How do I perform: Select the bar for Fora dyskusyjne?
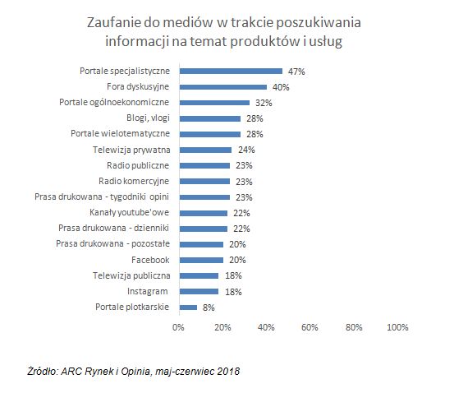coord(222,87)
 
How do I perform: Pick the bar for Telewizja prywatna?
coord(205,150)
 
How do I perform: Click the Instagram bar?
coord(199,292)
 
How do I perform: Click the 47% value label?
coord(296,72)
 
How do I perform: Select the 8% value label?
coord(208,307)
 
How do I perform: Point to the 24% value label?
coord(245,150)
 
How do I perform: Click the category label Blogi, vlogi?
coord(144,118)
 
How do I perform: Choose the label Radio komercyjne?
coord(134,182)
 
